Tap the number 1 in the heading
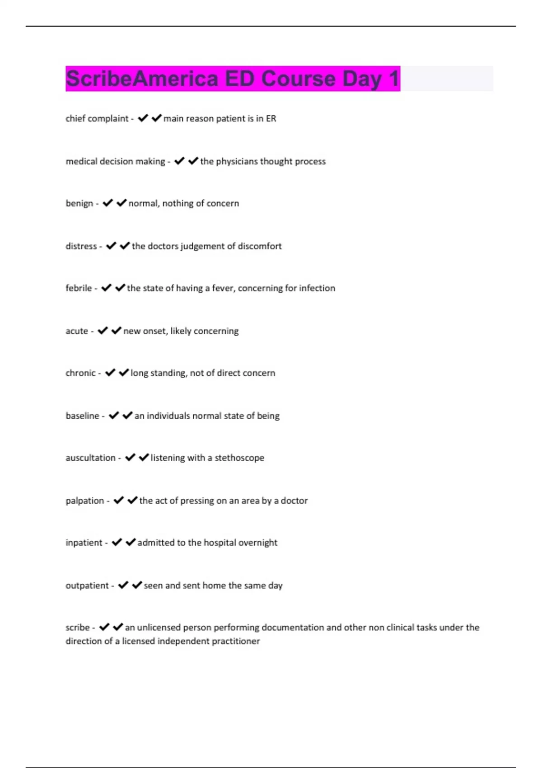pyautogui.click(x=394, y=79)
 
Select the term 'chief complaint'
pyautogui.click(x=97, y=118)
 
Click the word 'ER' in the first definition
pyautogui.click(x=271, y=118)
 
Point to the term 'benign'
pyautogui.click(x=79, y=203)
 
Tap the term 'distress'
pyautogui.click(x=81, y=246)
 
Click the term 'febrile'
pyautogui.click(x=79, y=288)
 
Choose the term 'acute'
pyautogui.click(x=77, y=331)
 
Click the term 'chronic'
pyautogui.click(x=81, y=373)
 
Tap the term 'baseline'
pyautogui.click(x=83, y=416)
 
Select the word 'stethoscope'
pyautogui.click(x=239, y=458)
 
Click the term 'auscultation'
pyautogui.click(x=91, y=458)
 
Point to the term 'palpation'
pyautogui.click(x=85, y=501)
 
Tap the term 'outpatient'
pyautogui.click(x=87, y=585)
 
